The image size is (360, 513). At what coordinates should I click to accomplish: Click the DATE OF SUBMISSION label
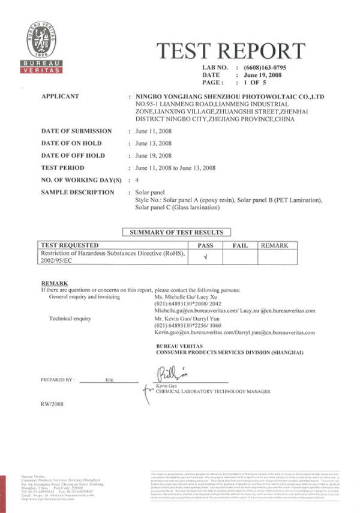click(x=76, y=131)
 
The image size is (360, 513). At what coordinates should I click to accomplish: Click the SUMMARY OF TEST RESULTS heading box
click(x=176, y=232)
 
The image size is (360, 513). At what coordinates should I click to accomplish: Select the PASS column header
click(x=205, y=245)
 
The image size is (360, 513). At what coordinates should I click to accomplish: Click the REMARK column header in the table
click(x=274, y=245)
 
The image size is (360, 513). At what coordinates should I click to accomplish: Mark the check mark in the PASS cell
click(x=205, y=257)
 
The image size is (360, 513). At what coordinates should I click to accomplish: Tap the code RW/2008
click(x=51, y=404)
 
